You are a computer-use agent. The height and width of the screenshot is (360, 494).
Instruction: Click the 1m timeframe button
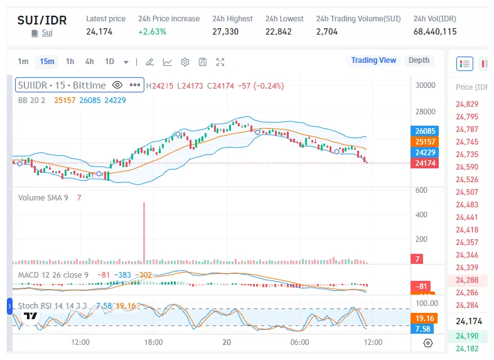(x=23, y=61)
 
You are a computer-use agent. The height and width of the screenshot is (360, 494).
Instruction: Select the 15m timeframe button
(x=46, y=61)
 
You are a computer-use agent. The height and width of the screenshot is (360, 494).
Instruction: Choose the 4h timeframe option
(x=90, y=61)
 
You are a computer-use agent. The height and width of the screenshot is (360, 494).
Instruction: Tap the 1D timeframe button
(x=110, y=61)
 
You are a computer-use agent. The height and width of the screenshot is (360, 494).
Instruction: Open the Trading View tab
(x=373, y=60)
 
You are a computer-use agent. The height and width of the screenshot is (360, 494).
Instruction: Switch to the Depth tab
(x=419, y=60)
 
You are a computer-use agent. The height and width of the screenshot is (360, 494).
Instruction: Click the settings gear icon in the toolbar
(x=185, y=62)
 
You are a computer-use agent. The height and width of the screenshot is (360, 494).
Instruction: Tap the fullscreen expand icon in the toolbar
(x=220, y=62)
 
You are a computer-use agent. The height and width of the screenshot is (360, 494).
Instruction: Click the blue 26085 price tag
(x=426, y=131)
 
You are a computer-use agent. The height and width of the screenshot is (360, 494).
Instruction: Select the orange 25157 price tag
(x=426, y=142)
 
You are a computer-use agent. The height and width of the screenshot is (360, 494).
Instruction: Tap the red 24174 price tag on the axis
(x=426, y=163)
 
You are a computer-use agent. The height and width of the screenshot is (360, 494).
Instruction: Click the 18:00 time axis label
(x=154, y=342)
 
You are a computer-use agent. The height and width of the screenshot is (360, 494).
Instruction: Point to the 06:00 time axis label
(x=300, y=342)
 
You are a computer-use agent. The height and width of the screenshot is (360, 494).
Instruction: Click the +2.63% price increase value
(x=153, y=31)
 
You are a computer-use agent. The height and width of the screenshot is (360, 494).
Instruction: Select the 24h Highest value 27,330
(x=225, y=31)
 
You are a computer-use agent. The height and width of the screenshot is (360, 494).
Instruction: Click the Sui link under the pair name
(x=47, y=32)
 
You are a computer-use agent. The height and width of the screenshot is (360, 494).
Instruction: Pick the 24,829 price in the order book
(x=467, y=104)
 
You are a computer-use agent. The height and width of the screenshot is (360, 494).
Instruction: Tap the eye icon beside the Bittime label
(x=117, y=85)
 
